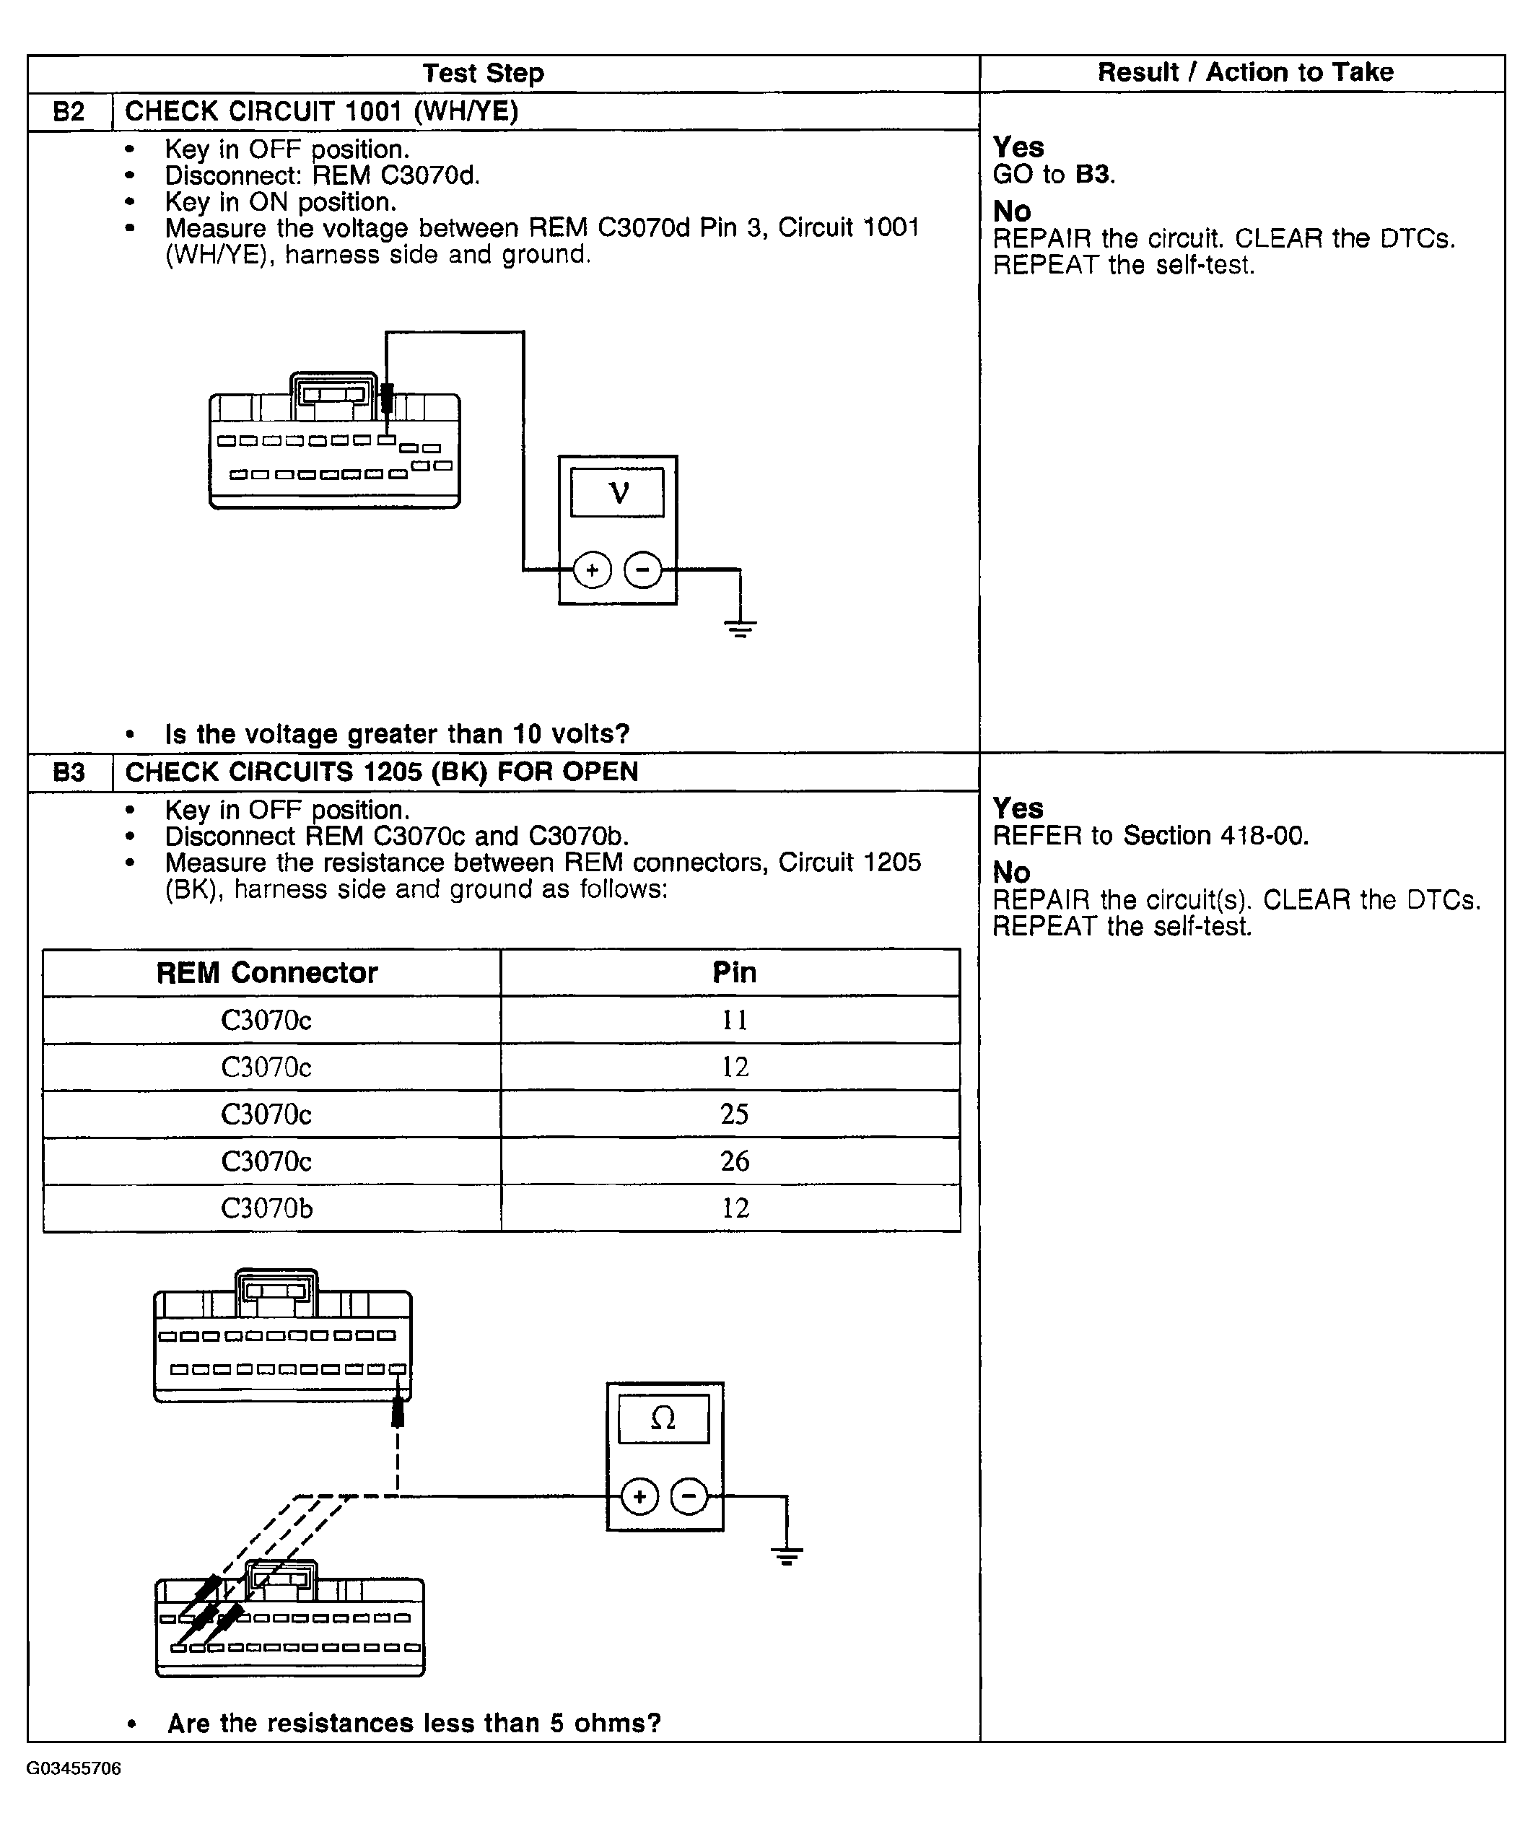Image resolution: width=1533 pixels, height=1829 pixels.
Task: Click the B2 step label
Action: pyautogui.click(x=69, y=111)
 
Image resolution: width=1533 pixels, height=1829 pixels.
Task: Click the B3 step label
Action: pyautogui.click(x=69, y=772)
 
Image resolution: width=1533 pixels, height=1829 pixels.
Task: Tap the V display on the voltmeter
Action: pyautogui.click(x=618, y=493)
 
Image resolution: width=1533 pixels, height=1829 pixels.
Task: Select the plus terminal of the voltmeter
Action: pyautogui.click(x=593, y=570)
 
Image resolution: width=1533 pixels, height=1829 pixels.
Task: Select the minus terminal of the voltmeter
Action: pyautogui.click(x=643, y=570)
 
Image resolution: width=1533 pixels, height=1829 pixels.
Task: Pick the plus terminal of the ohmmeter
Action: pyautogui.click(x=639, y=1497)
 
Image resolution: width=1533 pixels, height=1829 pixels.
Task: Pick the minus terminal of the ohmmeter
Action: pyautogui.click(x=690, y=1497)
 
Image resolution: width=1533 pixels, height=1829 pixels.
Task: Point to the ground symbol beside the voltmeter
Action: pyautogui.click(x=741, y=629)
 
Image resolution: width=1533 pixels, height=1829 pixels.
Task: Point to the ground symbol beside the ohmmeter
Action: pyautogui.click(x=787, y=1556)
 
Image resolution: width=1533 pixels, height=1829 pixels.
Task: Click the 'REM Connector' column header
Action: pyautogui.click(x=266, y=973)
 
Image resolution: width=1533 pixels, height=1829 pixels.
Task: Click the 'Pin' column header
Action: pyautogui.click(x=734, y=973)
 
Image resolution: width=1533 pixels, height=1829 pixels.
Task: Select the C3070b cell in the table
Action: pyautogui.click(x=266, y=1208)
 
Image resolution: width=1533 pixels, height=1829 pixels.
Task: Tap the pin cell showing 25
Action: pyautogui.click(x=734, y=1114)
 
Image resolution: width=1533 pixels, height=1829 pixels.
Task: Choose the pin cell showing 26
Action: pyautogui.click(x=734, y=1161)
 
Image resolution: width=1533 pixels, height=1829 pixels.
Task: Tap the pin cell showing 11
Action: pyautogui.click(x=734, y=1020)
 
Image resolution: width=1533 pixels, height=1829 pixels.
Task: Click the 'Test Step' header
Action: pyautogui.click(x=484, y=73)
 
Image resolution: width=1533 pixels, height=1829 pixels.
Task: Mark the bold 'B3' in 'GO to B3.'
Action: pyautogui.click(x=1093, y=174)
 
